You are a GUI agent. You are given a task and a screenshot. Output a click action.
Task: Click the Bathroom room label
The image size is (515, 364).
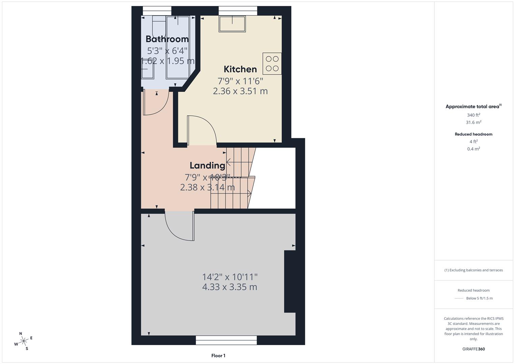tap(167, 39)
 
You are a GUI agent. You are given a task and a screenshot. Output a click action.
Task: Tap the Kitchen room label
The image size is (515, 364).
tap(240, 69)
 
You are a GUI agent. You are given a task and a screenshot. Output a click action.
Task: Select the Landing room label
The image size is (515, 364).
tap(207, 165)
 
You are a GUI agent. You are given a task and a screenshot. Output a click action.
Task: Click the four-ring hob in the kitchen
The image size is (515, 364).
tap(272, 64)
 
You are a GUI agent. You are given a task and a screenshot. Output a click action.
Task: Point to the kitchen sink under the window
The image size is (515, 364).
tap(232, 24)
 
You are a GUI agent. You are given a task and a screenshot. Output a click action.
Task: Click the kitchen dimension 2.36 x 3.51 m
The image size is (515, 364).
tap(240, 91)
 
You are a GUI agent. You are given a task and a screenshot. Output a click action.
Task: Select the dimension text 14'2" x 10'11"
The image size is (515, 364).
tap(230, 277)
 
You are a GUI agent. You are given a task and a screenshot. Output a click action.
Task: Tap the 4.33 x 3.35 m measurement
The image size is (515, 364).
tap(229, 287)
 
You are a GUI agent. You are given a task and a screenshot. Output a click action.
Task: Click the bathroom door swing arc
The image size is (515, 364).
tap(156, 103)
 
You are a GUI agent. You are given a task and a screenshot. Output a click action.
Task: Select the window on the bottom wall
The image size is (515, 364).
tap(226, 340)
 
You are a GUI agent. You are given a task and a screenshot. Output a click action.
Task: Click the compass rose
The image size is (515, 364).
tap(23, 341)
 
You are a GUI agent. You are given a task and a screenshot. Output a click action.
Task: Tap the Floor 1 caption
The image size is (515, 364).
tap(218, 356)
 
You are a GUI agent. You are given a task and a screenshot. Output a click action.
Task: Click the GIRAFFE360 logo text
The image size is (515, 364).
tap(474, 349)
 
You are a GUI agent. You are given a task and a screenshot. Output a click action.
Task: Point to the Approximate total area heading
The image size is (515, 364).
tap(473, 107)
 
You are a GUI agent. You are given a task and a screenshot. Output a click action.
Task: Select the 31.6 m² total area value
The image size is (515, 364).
tap(473, 122)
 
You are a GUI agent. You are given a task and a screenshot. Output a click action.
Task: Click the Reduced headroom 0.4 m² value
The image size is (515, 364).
tap(473, 149)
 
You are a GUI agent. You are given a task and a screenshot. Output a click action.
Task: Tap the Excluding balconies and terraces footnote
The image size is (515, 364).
tap(473, 270)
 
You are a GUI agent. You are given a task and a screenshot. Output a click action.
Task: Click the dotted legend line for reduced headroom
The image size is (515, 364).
tap(459, 298)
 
